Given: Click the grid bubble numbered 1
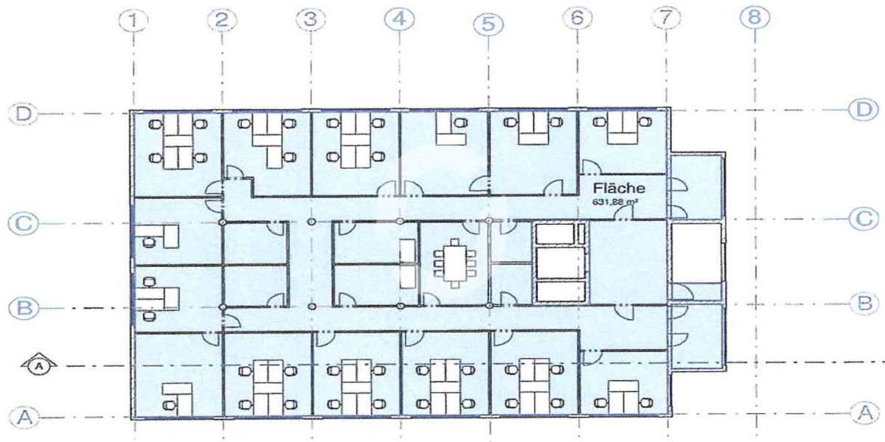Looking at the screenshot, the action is pos(133,21).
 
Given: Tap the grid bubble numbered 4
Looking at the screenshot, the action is pos(400,19).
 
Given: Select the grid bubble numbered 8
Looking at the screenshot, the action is pos(754,18).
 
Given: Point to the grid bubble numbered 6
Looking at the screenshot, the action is pos(577,18).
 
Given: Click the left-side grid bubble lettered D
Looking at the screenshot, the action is pos(24,114).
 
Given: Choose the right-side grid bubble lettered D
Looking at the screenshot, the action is pos(864,109).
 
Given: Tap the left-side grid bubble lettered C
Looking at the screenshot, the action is pos(24,224).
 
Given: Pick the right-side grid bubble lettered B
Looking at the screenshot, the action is pos(864,304).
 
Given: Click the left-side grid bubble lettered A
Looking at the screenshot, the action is pos(24,417).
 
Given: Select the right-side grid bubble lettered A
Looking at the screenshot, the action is pos(865,413).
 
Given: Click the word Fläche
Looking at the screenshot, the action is pos(619,189).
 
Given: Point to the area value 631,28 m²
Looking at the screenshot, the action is pos(615,202).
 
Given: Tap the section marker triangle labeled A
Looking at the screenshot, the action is pos(38,363).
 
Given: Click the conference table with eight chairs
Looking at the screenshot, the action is pos(455,263).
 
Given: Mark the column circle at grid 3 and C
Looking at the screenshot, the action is pos(312,222).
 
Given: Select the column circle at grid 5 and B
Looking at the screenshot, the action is pos(490,306).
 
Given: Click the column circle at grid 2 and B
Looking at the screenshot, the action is pos(223,307).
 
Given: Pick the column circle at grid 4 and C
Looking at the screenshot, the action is pos(400,222).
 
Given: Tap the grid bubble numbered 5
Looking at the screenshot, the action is pos(488,24).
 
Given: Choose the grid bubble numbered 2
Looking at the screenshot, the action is pos(222,20).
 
